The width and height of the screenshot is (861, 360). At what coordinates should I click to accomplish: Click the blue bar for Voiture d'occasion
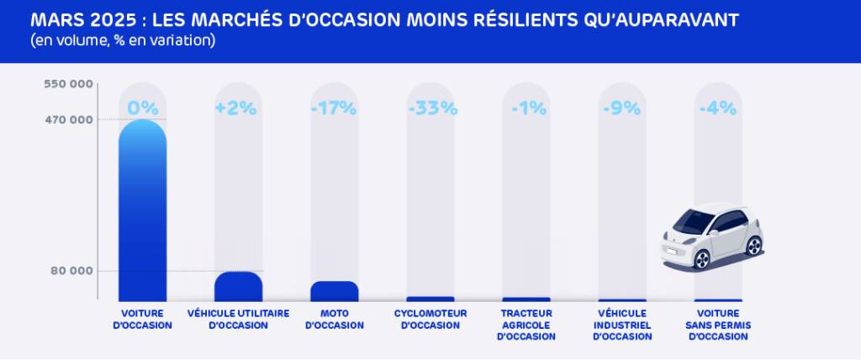click(x=142, y=210)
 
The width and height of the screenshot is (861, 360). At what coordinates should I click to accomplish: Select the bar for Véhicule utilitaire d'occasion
click(x=238, y=287)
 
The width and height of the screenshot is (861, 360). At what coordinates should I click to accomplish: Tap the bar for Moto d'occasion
click(x=334, y=291)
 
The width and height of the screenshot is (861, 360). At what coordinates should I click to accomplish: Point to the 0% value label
click(x=142, y=108)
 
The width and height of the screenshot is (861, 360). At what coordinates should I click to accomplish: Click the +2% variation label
click(x=238, y=108)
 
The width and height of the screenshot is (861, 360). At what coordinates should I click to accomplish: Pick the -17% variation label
click(x=334, y=108)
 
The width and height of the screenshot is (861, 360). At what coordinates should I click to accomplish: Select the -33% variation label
click(x=430, y=108)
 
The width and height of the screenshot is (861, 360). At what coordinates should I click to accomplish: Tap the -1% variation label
click(x=526, y=108)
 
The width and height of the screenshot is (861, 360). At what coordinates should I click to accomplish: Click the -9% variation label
click(x=622, y=108)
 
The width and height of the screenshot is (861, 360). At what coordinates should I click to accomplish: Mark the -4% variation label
click(x=718, y=108)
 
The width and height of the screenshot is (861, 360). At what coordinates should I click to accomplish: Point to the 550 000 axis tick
click(x=69, y=84)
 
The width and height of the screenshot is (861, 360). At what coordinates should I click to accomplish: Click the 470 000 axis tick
click(x=69, y=119)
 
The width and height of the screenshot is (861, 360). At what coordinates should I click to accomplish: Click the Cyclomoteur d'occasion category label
click(x=430, y=319)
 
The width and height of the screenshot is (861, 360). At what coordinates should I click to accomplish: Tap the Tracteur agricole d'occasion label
click(x=526, y=325)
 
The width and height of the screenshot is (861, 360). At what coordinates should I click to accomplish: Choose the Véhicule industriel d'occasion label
click(x=622, y=325)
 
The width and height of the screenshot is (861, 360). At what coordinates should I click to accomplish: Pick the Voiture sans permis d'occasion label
click(x=718, y=325)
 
